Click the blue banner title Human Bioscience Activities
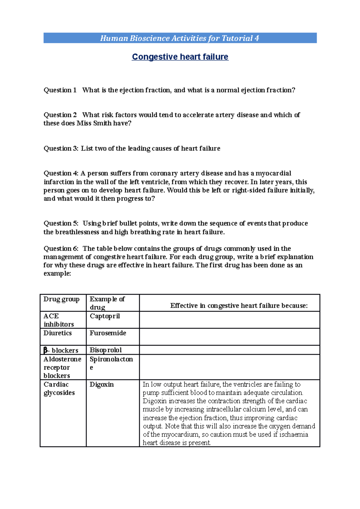(x=179, y=38)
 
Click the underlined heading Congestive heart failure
(x=180, y=57)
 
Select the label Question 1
(x=60, y=90)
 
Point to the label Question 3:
(x=61, y=148)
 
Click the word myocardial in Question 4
(x=273, y=173)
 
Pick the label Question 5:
(x=61, y=223)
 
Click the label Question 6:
(x=61, y=249)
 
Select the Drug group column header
(x=61, y=299)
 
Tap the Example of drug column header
(x=107, y=303)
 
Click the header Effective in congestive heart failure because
(x=239, y=305)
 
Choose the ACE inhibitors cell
(x=58, y=320)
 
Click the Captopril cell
(x=105, y=316)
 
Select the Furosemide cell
(x=108, y=333)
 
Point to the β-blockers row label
(x=61, y=350)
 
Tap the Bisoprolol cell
(x=106, y=350)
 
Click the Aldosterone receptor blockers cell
(x=62, y=367)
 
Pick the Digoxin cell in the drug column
(x=102, y=384)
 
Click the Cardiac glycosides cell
(x=59, y=388)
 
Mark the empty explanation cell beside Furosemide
(x=229, y=337)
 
